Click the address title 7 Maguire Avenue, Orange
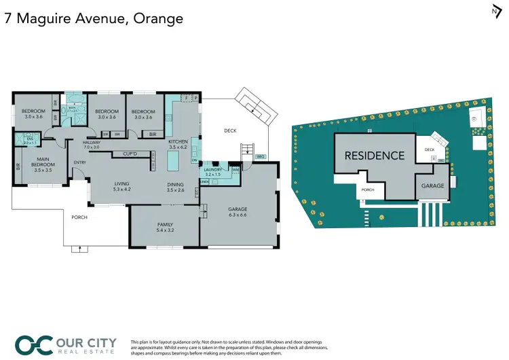point(94,18)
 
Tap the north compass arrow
point(495,11)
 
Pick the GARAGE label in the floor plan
point(238,210)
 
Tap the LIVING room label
point(122,183)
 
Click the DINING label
point(176,183)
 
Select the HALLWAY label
point(92,143)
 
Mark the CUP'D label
point(131,154)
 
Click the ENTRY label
point(80,162)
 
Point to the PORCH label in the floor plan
point(80,217)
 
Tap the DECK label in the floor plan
point(230,130)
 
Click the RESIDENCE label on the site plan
point(374,156)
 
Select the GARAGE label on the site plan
point(432,185)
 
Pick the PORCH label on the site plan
point(369,191)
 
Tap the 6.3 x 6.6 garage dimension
point(238,216)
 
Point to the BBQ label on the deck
point(260,157)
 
